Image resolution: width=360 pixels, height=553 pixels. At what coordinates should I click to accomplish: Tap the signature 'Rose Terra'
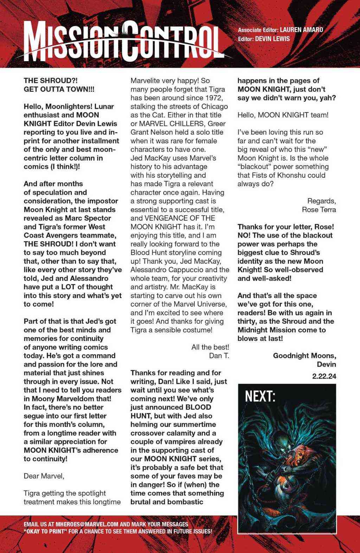[x=319, y=210]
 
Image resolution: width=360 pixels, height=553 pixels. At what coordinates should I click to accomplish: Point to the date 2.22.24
[x=324, y=376]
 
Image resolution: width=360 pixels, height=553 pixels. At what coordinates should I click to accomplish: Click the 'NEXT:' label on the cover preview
[x=260, y=397]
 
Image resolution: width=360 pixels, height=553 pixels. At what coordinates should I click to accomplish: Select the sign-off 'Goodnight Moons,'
[x=304, y=356]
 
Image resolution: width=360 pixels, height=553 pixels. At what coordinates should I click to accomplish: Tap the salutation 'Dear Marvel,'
[x=44, y=476]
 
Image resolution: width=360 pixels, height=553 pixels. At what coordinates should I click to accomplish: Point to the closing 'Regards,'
[x=322, y=201]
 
